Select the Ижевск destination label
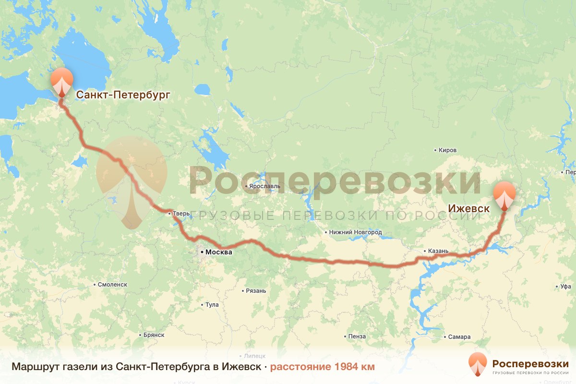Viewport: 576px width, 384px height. (x=468, y=209)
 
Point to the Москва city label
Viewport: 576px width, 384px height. (x=218, y=252)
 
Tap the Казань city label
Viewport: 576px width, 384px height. (x=438, y=251)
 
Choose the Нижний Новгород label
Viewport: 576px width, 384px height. (x=355, y=232)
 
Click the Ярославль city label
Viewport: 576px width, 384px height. (x=262, y=186)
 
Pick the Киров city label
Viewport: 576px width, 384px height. (x=447, y=150)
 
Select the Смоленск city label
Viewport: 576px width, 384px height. (x=112, y=284)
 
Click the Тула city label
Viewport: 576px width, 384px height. (x=212, y=305)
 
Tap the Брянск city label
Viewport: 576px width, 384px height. (x=154, y=335)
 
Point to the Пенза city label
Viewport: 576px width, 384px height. (x=358, y=336)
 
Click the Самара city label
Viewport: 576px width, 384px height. (x=459, y=336)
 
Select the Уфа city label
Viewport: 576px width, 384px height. (x=565, y=287)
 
